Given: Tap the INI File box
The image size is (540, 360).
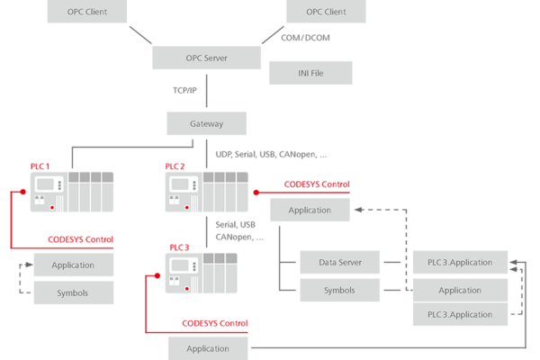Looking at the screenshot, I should point(311,72).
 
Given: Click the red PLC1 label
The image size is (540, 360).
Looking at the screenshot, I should point(40,166).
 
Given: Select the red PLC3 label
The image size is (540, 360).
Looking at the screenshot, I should point(179,246).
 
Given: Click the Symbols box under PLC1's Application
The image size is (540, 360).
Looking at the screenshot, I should point(73,292).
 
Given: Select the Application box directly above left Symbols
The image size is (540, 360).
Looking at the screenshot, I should point(73,265).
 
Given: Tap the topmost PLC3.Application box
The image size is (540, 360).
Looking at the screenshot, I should point(459,264).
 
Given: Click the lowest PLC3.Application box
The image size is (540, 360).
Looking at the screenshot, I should point(459,314).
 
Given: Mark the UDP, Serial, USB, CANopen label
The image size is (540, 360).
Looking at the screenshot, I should point(265,154).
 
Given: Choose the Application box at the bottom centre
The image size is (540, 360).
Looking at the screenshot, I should point(208,348).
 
